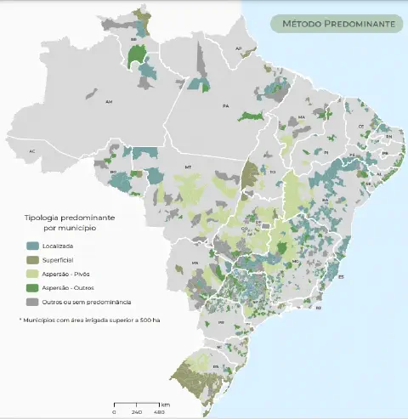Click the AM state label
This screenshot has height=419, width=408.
(x=109, y=102)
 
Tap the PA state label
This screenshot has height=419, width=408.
(x=225, y=106)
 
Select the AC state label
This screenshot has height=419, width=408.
(x=32, y=151)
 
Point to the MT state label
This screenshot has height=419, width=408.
(x=189, y=168)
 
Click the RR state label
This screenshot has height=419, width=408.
(x=133, y=40)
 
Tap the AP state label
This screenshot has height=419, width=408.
(x=239, y=48)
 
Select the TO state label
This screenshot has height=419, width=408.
(x=273, y=172)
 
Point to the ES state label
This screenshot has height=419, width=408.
(x=340, y=277)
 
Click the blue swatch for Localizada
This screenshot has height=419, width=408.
(x=31, y=246)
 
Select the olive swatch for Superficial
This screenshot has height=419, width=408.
(x=31, y=259)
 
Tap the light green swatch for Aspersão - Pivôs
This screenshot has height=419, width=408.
(x=31, y=274)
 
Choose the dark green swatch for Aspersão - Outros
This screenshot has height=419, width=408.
(x=31, y=287)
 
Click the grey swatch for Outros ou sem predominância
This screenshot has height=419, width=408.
(x=31, y=302)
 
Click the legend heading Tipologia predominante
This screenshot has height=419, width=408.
(x=70, y=218)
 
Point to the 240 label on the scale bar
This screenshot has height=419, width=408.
(x=135, y=412)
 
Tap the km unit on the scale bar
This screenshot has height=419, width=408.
(x=165, y=404)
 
